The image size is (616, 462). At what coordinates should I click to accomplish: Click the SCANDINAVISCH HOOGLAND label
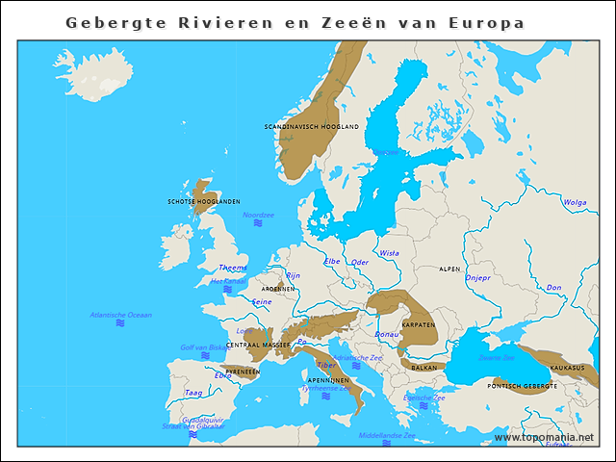click(311, 126)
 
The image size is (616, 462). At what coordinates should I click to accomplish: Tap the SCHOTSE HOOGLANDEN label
click(204, 201)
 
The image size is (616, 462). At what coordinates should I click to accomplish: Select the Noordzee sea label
click(258, 215)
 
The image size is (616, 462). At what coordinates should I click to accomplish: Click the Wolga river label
click(575, 202)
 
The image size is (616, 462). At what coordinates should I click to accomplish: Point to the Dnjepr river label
click(477, 277)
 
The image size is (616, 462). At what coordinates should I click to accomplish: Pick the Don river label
click(553, 287)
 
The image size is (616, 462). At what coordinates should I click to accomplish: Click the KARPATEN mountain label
click(419, 324)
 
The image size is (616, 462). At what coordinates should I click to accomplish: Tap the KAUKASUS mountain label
click(567, 368)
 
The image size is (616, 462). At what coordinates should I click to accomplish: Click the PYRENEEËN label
click(243, 371)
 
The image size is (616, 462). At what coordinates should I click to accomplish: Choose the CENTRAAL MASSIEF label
click(258, 344)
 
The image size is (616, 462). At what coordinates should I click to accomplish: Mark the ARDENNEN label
click(278, 288)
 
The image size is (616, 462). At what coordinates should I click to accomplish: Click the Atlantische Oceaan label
click(120, 315)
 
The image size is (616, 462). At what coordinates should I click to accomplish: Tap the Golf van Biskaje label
click(204, 347)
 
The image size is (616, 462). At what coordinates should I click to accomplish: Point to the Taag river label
click(193, 393)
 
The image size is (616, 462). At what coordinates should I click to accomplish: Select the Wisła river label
click(389, 253)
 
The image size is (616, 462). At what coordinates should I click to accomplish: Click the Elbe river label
click(332, 261)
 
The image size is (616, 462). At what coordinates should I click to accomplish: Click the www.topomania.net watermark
click(544, 437)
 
